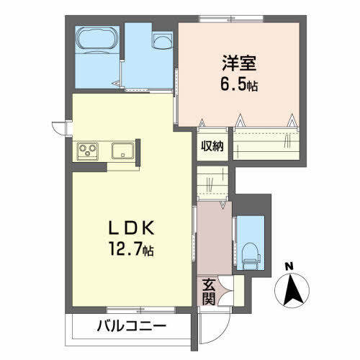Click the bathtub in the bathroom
[97, 40]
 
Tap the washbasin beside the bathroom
[163, 41]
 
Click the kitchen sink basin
[123, 150]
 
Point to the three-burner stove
[87, 151]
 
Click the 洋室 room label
[239, 63]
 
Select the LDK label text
[131, 228]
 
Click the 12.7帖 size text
[131, 249]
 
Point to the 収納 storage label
[212, 145]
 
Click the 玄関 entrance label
[209, 292]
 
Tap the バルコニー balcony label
[132, 326]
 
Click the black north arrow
[292, 290]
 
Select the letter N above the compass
[289, 266]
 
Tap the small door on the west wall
[60, 128]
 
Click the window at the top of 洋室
[231, 19]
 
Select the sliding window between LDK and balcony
[141, 310]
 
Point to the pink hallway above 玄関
[215, 238]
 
